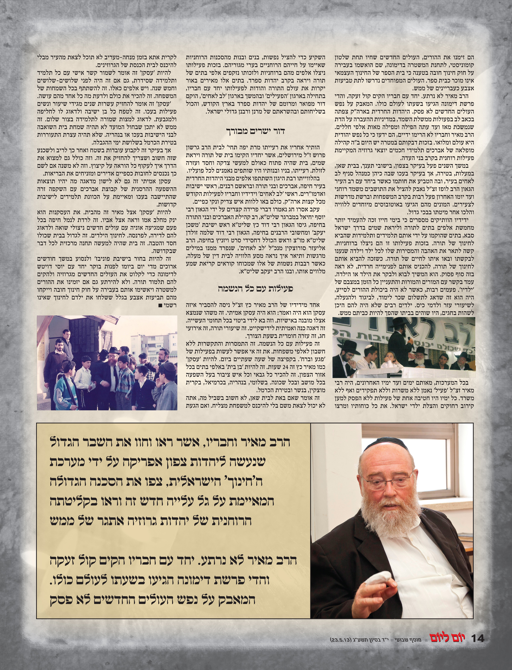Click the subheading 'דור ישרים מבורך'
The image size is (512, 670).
click(255, 131)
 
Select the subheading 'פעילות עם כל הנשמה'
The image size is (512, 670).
click(255, 288)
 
